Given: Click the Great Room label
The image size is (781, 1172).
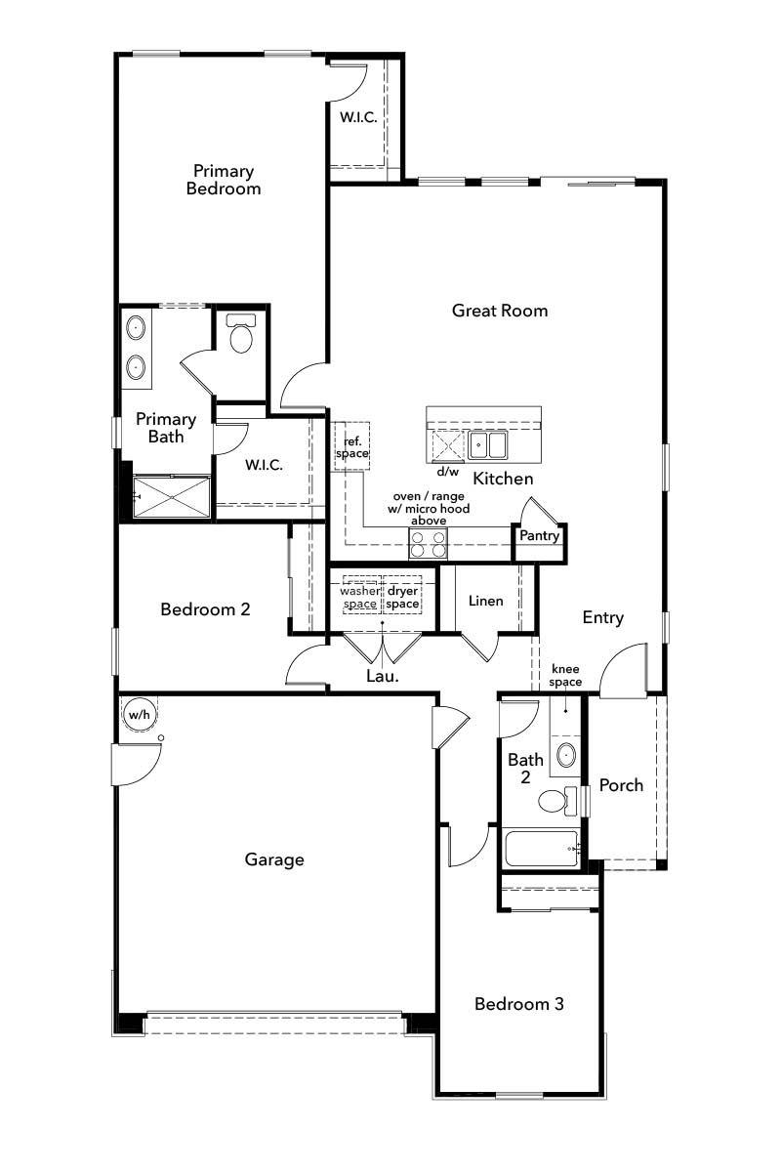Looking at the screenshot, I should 499,311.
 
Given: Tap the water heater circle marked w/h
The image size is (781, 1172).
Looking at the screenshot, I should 139,715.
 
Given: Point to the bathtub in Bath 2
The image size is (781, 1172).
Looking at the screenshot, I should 542,849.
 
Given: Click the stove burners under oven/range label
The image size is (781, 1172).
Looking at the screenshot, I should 428,543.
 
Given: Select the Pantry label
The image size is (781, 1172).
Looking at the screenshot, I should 539,536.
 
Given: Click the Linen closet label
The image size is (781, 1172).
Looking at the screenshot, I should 485,601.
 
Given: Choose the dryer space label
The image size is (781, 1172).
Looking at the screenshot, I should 402,598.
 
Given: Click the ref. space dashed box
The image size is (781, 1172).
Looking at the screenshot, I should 351,447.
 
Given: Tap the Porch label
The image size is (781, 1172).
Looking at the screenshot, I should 621,785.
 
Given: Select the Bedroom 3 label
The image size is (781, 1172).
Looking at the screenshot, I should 518,1004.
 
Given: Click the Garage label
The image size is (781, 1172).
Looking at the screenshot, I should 274,859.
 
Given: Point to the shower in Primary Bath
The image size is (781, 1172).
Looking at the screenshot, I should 172,497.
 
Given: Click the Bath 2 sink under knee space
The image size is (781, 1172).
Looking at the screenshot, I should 565,755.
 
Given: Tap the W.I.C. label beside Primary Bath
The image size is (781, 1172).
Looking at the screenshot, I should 264,465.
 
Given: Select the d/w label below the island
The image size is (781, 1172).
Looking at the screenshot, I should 447,472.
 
